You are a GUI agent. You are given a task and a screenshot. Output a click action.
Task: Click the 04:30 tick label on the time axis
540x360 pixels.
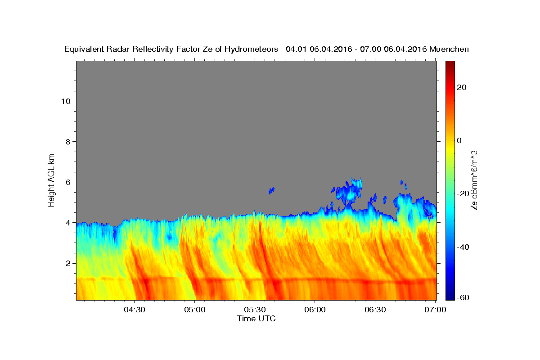(134, 310)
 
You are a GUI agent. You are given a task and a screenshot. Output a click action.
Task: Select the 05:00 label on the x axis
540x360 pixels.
(194, 310)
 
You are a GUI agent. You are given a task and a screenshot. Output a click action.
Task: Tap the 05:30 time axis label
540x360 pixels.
(255, 310)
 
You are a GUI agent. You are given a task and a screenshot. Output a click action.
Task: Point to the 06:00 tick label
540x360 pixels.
(315, 310)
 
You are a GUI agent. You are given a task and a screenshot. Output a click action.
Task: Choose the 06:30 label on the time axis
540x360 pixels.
(375, 310)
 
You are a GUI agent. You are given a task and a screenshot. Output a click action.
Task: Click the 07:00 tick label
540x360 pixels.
(435, 310)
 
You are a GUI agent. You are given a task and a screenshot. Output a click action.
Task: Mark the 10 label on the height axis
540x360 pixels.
(66, 101)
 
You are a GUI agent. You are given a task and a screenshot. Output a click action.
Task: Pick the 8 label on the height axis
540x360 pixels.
(68, 142)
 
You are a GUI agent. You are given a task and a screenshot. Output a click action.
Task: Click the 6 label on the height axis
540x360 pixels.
(68, 182)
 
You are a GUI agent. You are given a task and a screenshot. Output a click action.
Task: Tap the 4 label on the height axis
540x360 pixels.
(68, 223)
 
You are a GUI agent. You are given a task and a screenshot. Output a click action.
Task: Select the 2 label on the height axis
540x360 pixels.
(68, 263)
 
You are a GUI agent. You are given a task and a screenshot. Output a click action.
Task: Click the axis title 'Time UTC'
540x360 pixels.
(256, 319)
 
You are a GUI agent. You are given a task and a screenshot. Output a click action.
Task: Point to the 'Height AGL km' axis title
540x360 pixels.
(51, 180)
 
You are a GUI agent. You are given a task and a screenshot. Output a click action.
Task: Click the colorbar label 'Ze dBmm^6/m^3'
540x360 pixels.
(474, 180)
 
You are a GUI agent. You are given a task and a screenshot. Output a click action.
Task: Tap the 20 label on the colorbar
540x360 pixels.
(462, 87)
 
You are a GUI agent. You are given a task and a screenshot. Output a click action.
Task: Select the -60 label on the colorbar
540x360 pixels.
(463, 297)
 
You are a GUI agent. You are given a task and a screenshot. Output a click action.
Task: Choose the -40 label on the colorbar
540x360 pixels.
(463, 247)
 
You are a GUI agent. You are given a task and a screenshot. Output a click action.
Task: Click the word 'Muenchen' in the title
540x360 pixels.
(449, 49)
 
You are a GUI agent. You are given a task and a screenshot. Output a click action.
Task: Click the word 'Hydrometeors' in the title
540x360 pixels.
(251, 49)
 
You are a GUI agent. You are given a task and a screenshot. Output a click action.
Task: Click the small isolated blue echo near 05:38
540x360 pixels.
(271, 190)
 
